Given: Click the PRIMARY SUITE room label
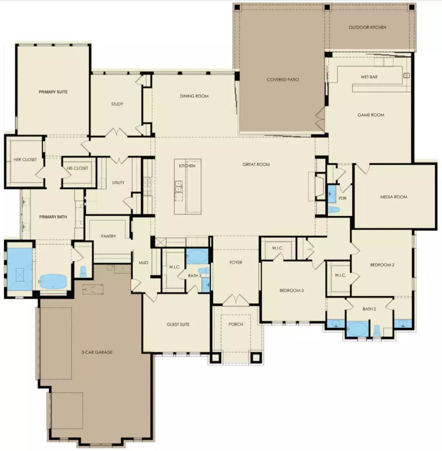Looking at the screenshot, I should click(x=53, y=92).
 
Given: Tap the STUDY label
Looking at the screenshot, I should click(x=117, y=104).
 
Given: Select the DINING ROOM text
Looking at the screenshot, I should click(x=194, y=96).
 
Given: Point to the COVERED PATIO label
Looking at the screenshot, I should click(x=283, y=79).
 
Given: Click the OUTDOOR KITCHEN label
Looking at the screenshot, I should click(x=367, y=27).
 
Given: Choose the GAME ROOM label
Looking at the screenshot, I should click(x=371, y=115).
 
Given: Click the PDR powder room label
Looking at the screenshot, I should click(x=342, y=198).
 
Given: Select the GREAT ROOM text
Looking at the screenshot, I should click(x=256, y=164).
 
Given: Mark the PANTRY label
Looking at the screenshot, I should click(x=108, y=236).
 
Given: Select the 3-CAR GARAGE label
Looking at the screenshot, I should click(x=97, y=352).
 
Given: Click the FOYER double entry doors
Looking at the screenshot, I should click(x=235, y=300).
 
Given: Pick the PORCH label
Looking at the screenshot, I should click(x=235, y=324).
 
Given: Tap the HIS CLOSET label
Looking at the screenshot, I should click(x=77, y=168).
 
